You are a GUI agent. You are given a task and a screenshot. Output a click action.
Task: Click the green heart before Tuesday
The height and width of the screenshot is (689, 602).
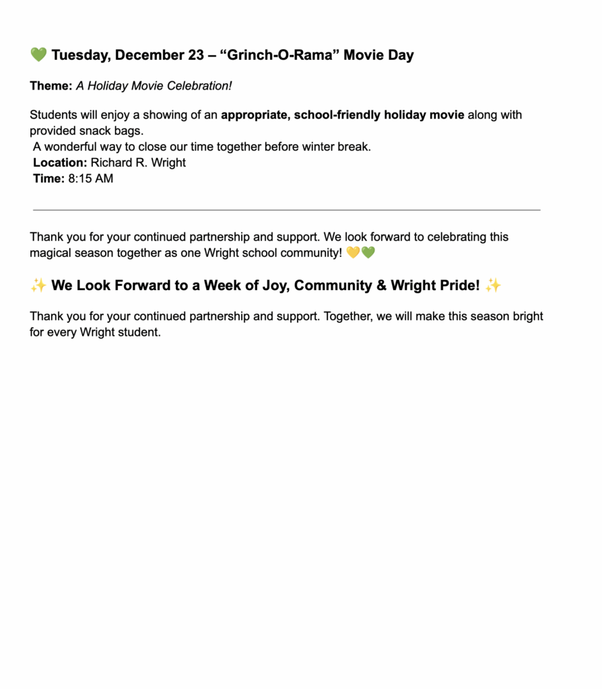click(x=38, y=55)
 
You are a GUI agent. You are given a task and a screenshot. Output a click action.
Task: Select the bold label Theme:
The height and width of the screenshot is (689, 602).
click(x=51, y=86)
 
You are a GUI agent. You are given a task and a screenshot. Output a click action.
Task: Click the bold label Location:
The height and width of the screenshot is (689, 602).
click(x=60, y=163)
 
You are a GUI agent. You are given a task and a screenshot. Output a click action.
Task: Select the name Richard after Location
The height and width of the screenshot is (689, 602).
click(x=112, y=163)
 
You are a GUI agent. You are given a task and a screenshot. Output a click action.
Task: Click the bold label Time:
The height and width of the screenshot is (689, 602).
click(x=48, y=179)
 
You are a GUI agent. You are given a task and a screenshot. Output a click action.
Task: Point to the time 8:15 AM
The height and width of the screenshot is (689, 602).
click(x=91, y=179)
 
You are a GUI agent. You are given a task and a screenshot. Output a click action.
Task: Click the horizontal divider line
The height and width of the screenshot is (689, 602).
click(x=286, y=210)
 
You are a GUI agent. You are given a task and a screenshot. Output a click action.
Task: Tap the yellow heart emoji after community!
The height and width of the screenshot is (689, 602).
click(x=353, y=253)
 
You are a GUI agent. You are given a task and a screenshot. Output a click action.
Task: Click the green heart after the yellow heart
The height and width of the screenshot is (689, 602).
click(x=368, y=253)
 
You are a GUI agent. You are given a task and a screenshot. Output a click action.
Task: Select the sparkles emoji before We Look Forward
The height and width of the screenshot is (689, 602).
click(x=38, y=285)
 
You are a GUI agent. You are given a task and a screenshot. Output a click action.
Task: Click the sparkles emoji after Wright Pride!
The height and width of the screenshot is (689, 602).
click(x=493, y=285)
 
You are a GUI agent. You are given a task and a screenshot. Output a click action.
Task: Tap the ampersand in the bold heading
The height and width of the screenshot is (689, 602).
click(x=382, y=285)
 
